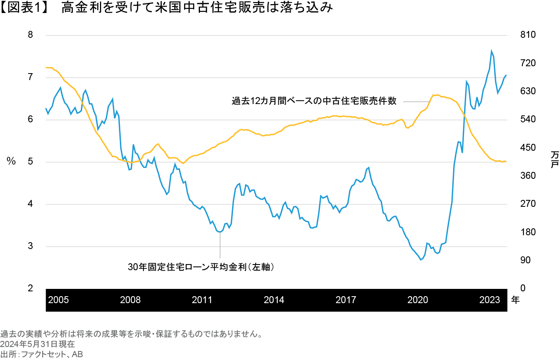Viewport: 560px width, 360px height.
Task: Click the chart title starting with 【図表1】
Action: click(x=167, y=8)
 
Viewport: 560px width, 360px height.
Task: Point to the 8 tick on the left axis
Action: click(x=30, y=35)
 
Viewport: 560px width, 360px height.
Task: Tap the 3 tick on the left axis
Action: click(x=30, y=246)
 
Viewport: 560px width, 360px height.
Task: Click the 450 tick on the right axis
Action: click(x=528, y=147)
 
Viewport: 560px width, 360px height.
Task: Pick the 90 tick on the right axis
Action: click(x=526, y=260)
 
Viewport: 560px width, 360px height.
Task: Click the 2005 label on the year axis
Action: click(x=58, y=300)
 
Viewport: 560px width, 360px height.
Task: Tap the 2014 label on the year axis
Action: click(x=274, y=300)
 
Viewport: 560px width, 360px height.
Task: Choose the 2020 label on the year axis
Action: click(x=418, y=300)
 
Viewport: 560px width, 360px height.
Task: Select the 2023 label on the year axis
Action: click(x=489, y=300)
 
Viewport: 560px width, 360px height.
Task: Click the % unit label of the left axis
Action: click(x=11, y=162)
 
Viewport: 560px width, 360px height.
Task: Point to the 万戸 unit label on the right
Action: click(x=554, y=159)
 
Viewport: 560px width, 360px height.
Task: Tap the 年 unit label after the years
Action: click(x=515, y=300)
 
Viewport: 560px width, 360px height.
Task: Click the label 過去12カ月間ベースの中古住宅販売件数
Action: click(x=314, y=101)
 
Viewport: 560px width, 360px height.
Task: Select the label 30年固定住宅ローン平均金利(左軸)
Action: click(x=201, y=267)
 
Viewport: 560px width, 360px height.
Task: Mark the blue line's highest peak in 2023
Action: click(x=491, y=51)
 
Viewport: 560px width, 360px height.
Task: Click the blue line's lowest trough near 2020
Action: click(x=421, y=260)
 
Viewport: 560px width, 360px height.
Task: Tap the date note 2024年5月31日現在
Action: click(x=37, y=344)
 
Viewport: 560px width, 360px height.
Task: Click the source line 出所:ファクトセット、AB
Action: click(x=41, y=354)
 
